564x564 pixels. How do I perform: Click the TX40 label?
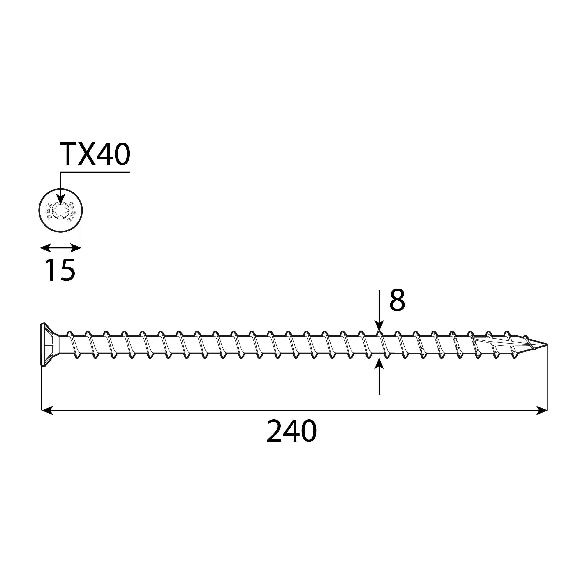coord(95,155)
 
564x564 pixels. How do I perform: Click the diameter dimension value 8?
coord(397,300)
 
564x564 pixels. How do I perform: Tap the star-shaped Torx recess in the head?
coord(61,210)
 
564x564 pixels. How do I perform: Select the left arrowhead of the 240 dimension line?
coord(47,410)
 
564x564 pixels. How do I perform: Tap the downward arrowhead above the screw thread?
coord(379,326)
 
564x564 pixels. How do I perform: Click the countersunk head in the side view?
coord(47,345)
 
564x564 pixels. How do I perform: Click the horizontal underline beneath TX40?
coord(95,172)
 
